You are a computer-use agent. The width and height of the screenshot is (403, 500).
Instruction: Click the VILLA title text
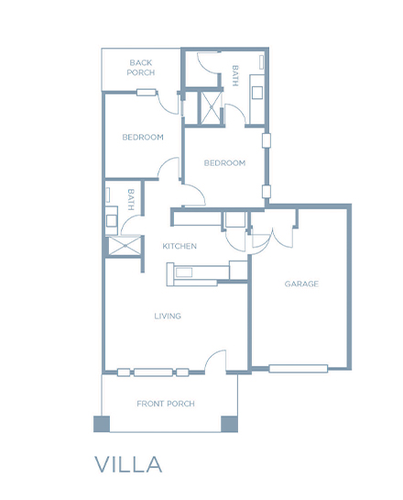click(x=128, y=464)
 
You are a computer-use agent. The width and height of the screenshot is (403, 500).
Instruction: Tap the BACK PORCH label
click(x=141, y=68)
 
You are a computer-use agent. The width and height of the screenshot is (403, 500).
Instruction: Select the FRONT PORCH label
click(x=166, y=404)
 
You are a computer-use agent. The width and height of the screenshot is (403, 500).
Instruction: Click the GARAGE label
click(x=301, y=283)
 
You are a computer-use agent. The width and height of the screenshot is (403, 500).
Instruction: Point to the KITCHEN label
click(x=180, y=246)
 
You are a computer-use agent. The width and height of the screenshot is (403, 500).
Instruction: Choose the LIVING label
click(x=168, y=316)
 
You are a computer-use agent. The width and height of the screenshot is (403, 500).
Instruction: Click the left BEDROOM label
click(x=143, y=137)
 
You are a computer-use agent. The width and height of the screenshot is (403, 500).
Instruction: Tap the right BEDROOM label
click(x=224, y=163)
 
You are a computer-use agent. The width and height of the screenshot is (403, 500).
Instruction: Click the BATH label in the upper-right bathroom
click(x=235, y=76)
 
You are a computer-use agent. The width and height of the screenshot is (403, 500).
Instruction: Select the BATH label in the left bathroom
click(x=130, y=200)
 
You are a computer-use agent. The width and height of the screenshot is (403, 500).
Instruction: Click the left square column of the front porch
click(x=102, y=424)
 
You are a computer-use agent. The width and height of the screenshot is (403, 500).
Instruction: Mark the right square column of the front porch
click(x=230, y=424)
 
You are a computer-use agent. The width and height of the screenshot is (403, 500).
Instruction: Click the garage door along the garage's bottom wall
click(x=299, y=369)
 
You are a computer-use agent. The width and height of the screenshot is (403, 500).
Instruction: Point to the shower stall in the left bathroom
click(x=125, y=246)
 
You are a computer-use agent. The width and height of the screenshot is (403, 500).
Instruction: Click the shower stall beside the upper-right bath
click(x=211, y=107)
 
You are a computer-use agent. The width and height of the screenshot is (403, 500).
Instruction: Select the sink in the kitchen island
click(x=184, y=272)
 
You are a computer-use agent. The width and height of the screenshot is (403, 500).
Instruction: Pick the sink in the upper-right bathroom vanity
click(x=257, y=93)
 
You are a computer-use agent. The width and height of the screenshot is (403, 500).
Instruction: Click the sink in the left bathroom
click(x=112, y=221)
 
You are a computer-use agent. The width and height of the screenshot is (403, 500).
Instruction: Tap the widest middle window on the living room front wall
click(x=154, y=372)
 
